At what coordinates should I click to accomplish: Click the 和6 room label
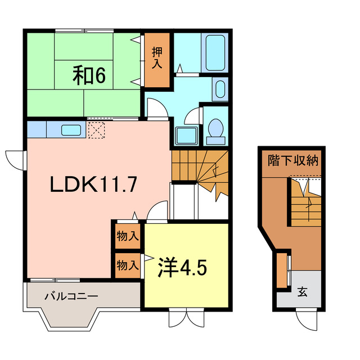pos(88,75)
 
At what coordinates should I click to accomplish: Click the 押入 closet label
pos(157,57)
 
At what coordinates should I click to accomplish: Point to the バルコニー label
pos(71,295)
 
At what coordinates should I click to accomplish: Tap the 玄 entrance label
pos(302,292)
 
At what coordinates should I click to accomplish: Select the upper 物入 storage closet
pos(127,235)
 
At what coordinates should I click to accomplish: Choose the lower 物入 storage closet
pos(127,264)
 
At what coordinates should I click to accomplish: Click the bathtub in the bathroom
pos(215,53)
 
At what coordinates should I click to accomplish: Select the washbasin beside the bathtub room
pos(220,89)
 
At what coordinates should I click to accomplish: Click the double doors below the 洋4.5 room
pos(186,318)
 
